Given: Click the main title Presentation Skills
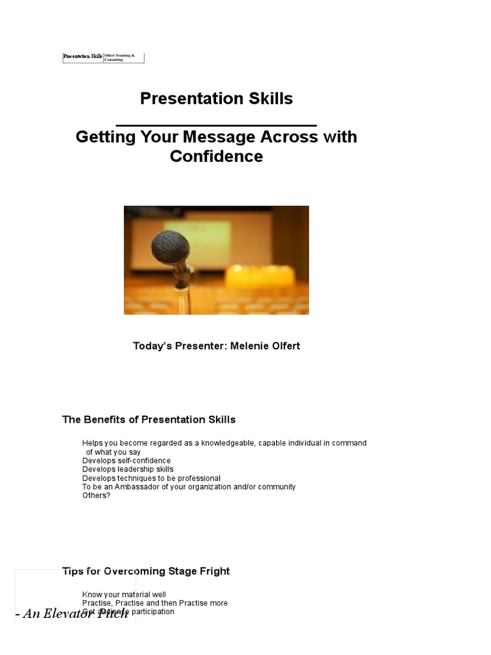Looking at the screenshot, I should click(216, 99).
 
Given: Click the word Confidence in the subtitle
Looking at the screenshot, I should click(216, 157).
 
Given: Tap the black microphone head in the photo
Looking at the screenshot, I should click(170, 247).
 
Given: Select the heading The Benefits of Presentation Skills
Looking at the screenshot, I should click(148, 420).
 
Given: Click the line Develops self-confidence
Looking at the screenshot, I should click(127, 461).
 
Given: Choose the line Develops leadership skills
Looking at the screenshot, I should click(128, 470).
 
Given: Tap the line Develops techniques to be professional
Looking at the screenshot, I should click(152, 478).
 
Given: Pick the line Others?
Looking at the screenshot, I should click(96, 496).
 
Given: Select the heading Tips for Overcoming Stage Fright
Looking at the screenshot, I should click(146, 571).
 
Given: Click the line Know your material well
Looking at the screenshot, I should click(124, 595).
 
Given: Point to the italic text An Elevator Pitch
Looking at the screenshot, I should click(75, 615).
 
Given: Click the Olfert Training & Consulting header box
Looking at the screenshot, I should click(123, 58).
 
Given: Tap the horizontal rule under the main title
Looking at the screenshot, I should click(216, 125).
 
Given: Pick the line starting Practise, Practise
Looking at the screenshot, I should click(155, 603).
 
